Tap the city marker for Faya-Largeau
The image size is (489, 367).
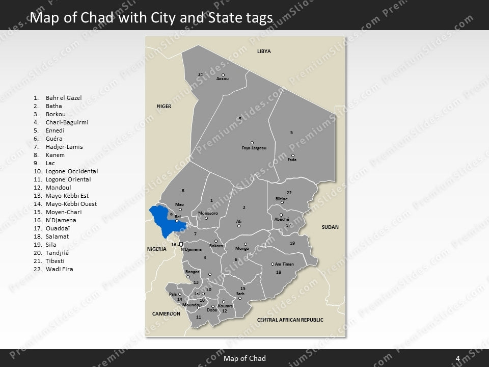coord(252,143)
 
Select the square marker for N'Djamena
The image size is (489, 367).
coord(181,244)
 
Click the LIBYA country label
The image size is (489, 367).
coord(264,51)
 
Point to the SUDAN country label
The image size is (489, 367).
coord(330,227)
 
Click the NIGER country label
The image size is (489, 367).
coord(164,106)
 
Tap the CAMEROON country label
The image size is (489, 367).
coord(166,313)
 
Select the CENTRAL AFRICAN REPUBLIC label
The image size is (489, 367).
coord(290,320)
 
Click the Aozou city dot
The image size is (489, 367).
coord(223,75)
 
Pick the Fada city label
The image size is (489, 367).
coord(292,160)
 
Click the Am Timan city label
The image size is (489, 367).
coord(285,264)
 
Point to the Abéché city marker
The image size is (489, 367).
coord(281,215)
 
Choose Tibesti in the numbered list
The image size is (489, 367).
coord(55,261)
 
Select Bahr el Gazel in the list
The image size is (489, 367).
coord(64,98)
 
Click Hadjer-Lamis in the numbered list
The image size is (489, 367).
coord(64,147)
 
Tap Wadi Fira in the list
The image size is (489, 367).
coord(60,269)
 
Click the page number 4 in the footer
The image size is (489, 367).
coord(458,358)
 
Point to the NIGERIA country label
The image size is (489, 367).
coord(157,249)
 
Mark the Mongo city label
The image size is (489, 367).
coord(242,249)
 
